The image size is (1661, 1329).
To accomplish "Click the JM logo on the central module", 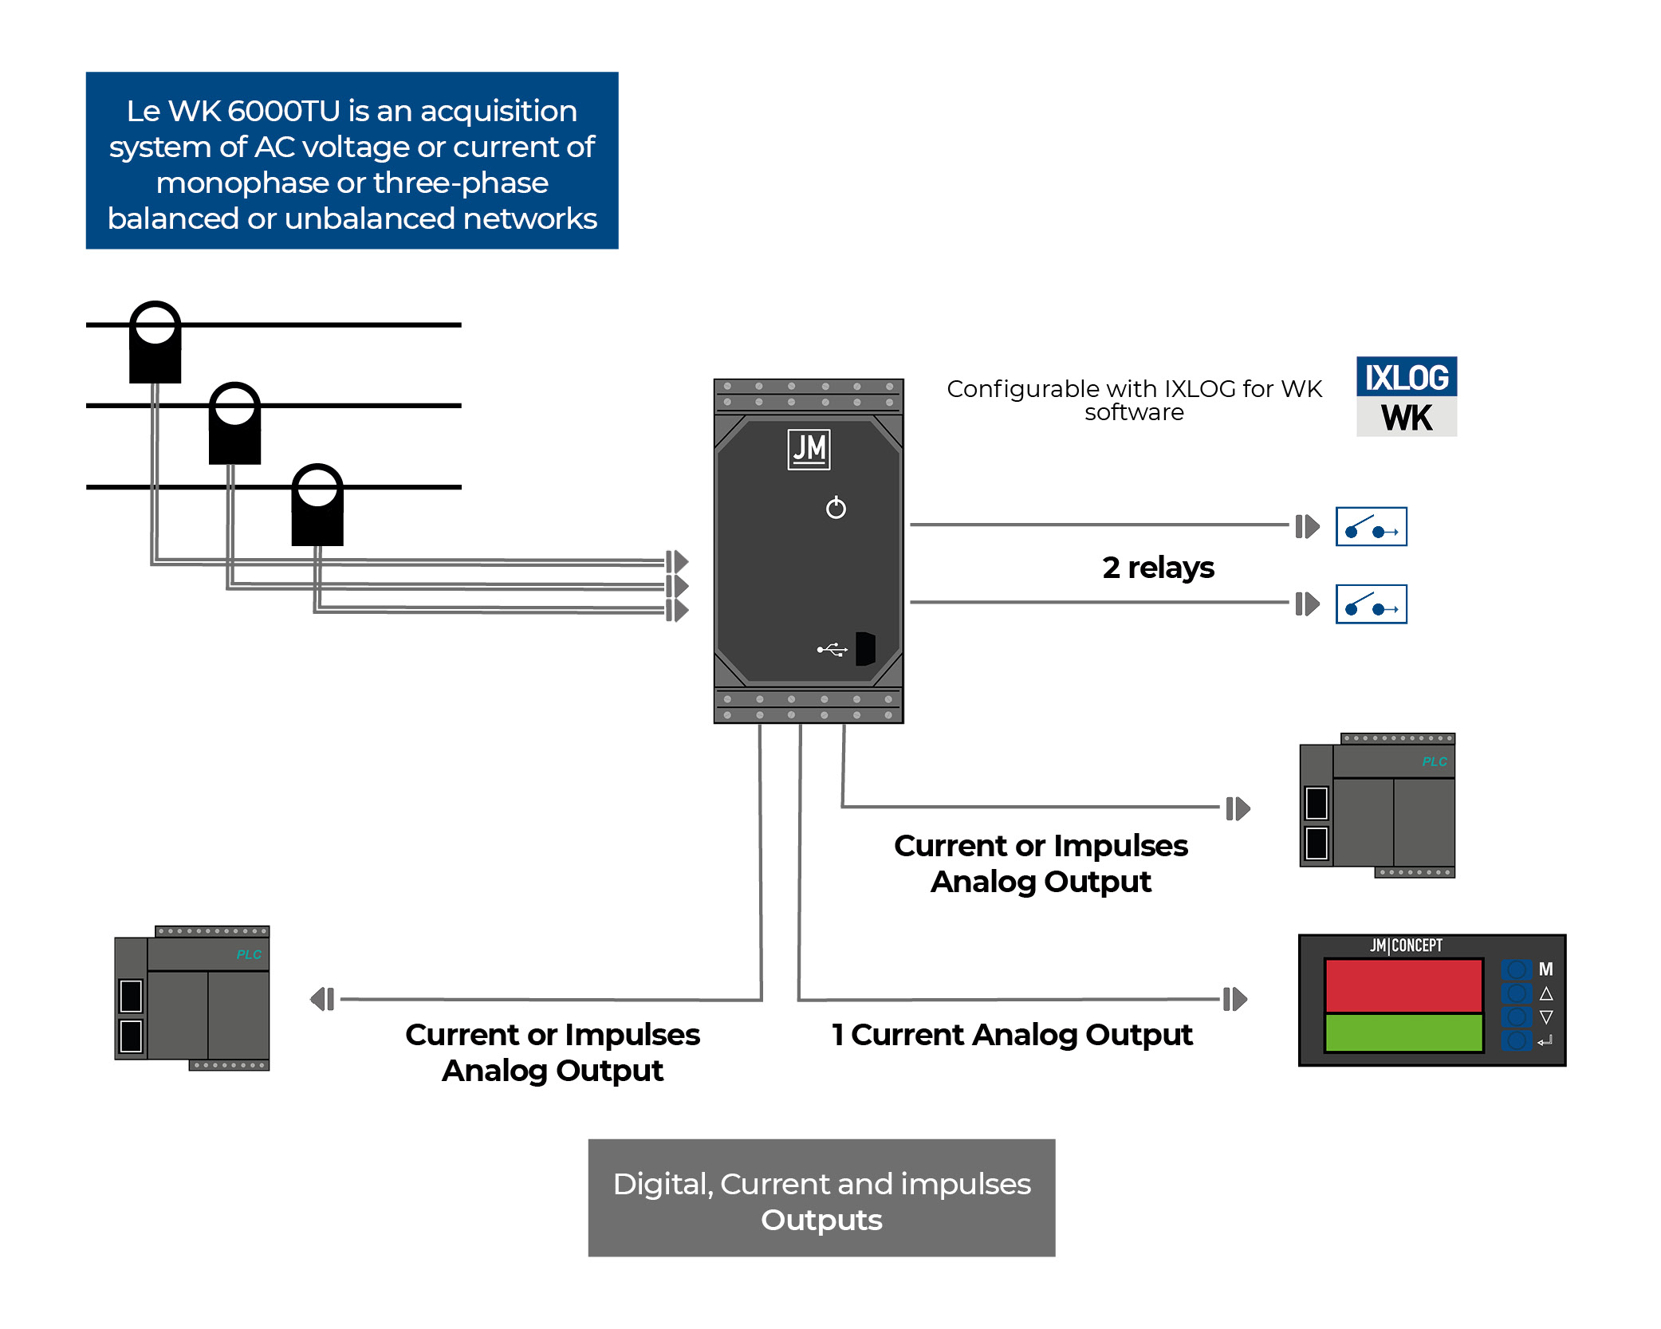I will (x=809, y=450).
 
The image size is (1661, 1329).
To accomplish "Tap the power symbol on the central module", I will (x=836, y=508).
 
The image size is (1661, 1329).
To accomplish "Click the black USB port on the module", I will (x=865, y=648).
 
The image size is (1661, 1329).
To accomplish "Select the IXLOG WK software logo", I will (x=1406, y=396).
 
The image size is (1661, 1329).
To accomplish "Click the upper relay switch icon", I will (x=1371, y=527).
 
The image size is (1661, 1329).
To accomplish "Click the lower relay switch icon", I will (x=1371, y=604).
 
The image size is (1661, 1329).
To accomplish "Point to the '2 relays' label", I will (x=1158, y=568).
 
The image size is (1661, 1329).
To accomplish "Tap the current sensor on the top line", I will (x=155, y=343).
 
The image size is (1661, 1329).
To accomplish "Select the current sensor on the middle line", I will (x=234, y=423).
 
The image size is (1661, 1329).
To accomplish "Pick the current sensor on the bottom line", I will (x=317, y=505).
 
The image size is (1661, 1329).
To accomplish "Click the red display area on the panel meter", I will (x=1403, y=985).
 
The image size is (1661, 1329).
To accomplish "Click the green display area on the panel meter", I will (x=1403, y=1032).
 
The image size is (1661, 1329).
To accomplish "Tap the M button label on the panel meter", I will (x=1545, y=969).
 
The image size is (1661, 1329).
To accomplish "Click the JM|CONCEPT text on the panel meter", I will (x=1406, y=946).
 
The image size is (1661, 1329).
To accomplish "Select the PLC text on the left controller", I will (x=249, y=954).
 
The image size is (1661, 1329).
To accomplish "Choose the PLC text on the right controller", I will (x=1434, y=761).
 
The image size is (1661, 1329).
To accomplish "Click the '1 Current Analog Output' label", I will (x=1011, y=1035).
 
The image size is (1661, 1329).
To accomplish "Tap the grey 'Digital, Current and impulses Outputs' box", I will (x=821, y=1197).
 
